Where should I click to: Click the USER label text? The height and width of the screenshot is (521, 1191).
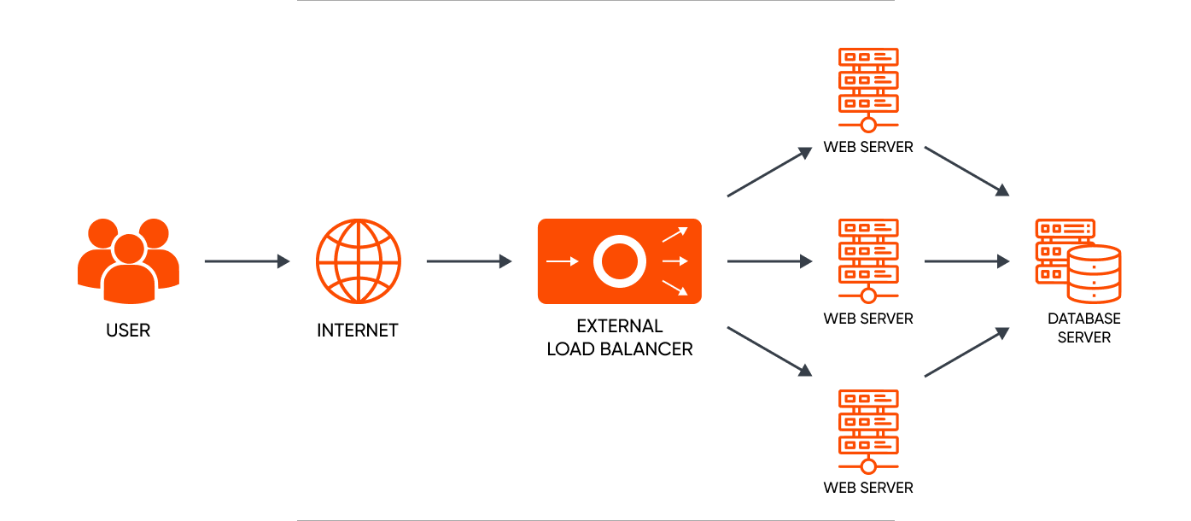pos(128,330)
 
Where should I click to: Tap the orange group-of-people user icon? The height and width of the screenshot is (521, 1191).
pos(128,260)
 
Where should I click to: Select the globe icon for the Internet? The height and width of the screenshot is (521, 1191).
pos(358,260)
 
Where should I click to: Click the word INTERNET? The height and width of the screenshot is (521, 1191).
pos(358,330)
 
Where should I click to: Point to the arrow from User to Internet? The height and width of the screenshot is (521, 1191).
pos(247,261)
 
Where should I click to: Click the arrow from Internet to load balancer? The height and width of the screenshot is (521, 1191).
pos(469,261)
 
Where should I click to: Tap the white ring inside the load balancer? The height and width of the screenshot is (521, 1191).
pos(618,261)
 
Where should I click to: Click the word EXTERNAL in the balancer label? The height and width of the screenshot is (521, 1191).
pos(620,326)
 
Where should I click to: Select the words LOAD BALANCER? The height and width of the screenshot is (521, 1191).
pos(620,348)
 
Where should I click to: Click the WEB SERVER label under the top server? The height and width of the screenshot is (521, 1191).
pos(868,147)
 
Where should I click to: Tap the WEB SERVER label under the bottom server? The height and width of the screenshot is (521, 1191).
pos(868,489)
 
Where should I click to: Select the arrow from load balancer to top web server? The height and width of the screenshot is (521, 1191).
pos(768,173)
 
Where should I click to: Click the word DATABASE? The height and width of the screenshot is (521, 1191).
pos(1084,319)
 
